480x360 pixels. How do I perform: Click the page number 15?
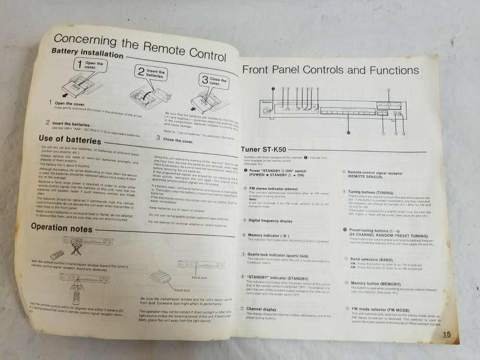click(446, 335)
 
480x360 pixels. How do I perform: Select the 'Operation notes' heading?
click(61, 228)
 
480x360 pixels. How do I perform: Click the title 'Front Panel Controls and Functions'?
click(330, 70)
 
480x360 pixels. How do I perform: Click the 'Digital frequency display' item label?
click(270, 221)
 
